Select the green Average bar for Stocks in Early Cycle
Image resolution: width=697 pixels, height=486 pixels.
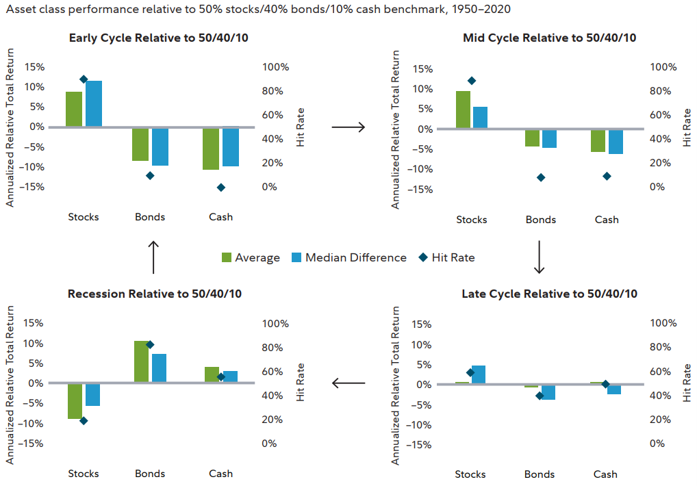(x=74, y=109)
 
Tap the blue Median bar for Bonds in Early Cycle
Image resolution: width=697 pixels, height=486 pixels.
(x=160, y=146)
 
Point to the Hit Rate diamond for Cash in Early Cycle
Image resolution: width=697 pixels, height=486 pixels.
(x=220, y=187)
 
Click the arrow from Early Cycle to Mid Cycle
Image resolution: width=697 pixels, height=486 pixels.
(x=348, y=127)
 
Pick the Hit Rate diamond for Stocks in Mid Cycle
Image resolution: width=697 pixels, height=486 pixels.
(x=472, y=81)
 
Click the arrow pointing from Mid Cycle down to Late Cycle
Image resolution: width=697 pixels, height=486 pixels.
(x=539, y=257)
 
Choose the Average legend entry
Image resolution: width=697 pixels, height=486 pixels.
(x=251, y=257)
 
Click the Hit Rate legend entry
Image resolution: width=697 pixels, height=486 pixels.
(x=448, y=257)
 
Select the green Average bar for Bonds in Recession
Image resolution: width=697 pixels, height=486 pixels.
(x=142, y=361)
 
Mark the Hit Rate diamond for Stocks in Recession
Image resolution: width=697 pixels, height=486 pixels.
(x=84, y=420)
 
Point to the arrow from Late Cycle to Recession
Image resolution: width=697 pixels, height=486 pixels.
(x=348, y=383)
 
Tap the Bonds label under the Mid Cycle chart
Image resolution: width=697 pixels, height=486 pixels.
(x=541, y=220)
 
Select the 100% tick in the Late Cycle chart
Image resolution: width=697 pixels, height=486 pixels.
(x=662, y=323)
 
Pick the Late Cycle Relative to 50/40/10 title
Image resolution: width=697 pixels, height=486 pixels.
(x=549, y=294)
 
